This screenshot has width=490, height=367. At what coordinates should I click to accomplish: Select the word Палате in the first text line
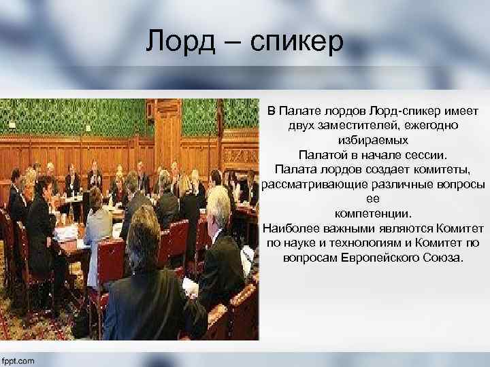point(302,110)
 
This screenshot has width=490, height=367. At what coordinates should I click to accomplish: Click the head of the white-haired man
point(218,203)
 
